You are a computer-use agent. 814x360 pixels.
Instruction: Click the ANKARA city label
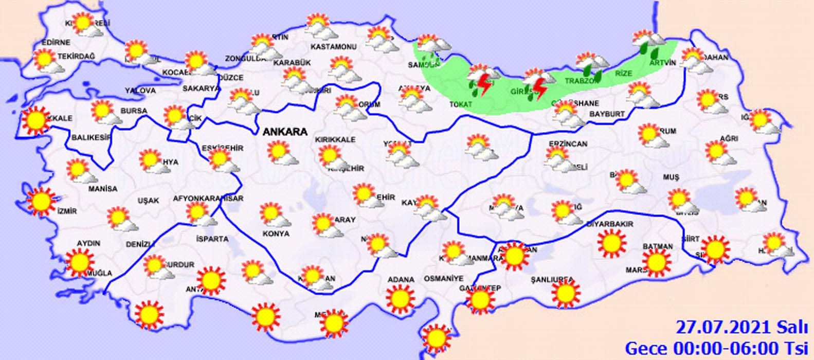285,132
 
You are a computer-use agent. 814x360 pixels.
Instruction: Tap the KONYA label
276,233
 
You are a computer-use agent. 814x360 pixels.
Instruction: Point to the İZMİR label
67,211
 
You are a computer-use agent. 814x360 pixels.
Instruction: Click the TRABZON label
582,81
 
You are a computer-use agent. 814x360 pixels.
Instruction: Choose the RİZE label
623,74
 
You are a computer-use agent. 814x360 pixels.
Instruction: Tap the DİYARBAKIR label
610,224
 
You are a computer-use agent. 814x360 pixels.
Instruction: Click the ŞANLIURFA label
552,280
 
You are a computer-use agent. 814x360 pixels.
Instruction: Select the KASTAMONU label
334,47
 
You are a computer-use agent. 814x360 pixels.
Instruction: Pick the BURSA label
134,111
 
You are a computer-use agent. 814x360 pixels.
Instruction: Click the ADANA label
401,280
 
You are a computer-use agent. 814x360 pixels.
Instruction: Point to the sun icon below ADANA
401,299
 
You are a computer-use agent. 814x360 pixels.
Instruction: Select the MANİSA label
103,189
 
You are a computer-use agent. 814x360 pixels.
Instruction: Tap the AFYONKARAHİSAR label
208,198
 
